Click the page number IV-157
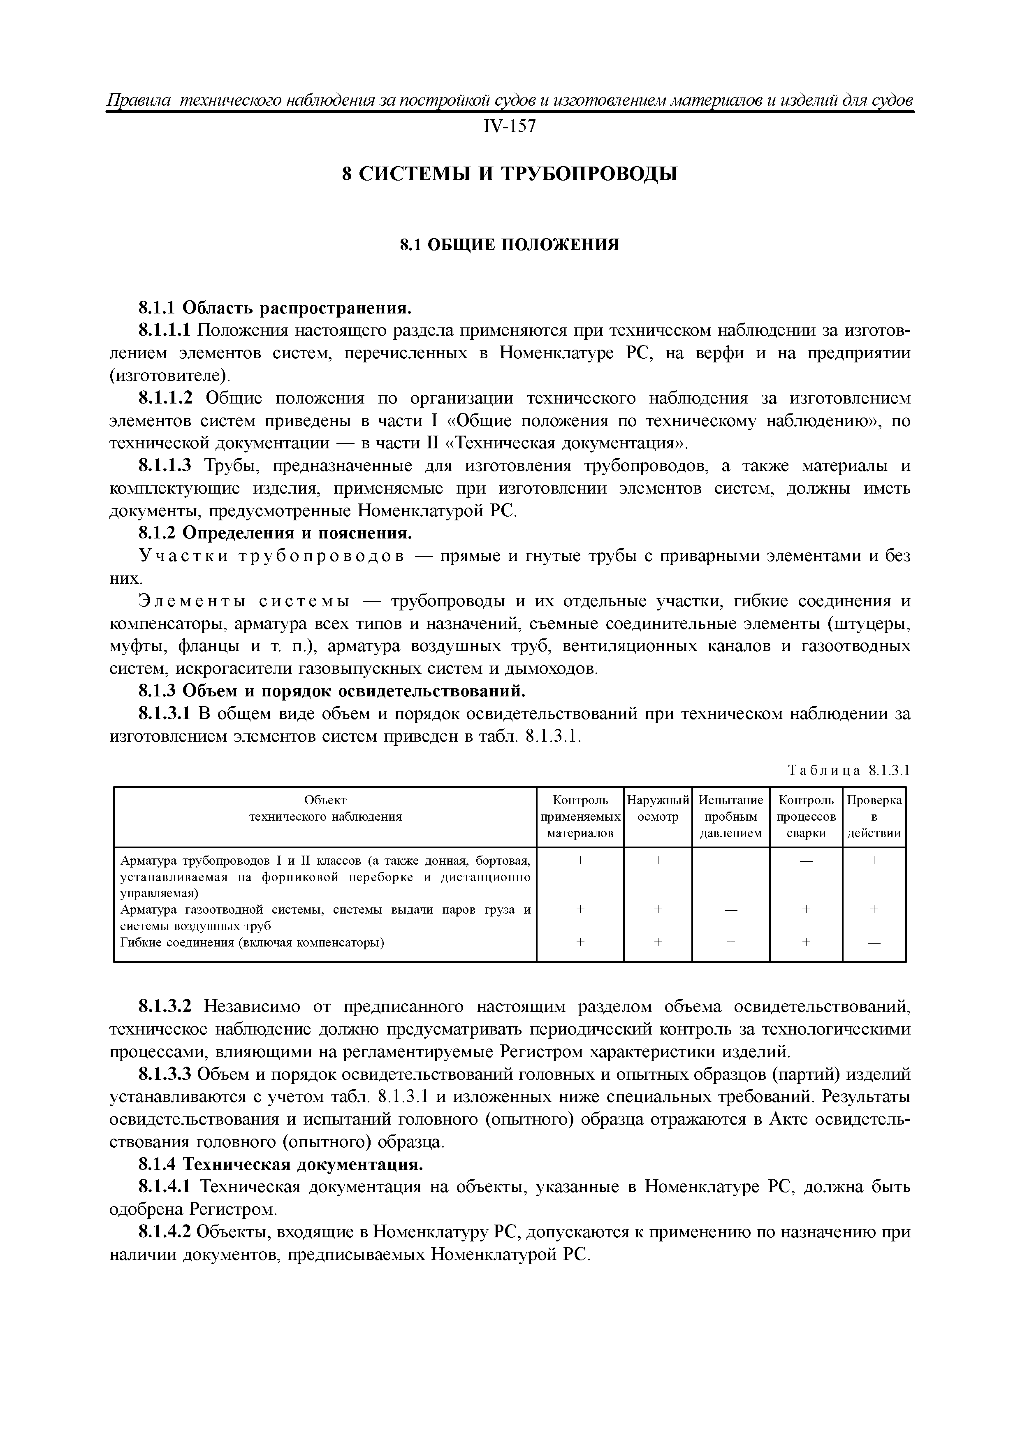pos(510,126)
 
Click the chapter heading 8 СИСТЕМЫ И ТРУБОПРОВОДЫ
pos(510,173)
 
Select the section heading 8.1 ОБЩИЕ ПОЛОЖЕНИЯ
pos(510,244)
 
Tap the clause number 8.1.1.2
pos(164,399)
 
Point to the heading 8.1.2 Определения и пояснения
pos(275,534)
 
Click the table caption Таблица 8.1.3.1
pos(848,770)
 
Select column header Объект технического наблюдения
pos(325,808)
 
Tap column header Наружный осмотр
pos(658,808)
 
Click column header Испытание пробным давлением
pos(731,817)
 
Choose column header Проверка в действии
pos(874,817)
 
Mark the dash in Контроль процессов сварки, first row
pos(806,861)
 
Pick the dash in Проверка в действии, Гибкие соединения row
pos(874,943)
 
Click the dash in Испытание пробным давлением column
pos(731,910)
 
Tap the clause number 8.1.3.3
pos(164,1075)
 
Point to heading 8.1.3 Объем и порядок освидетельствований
pos(331,691)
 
